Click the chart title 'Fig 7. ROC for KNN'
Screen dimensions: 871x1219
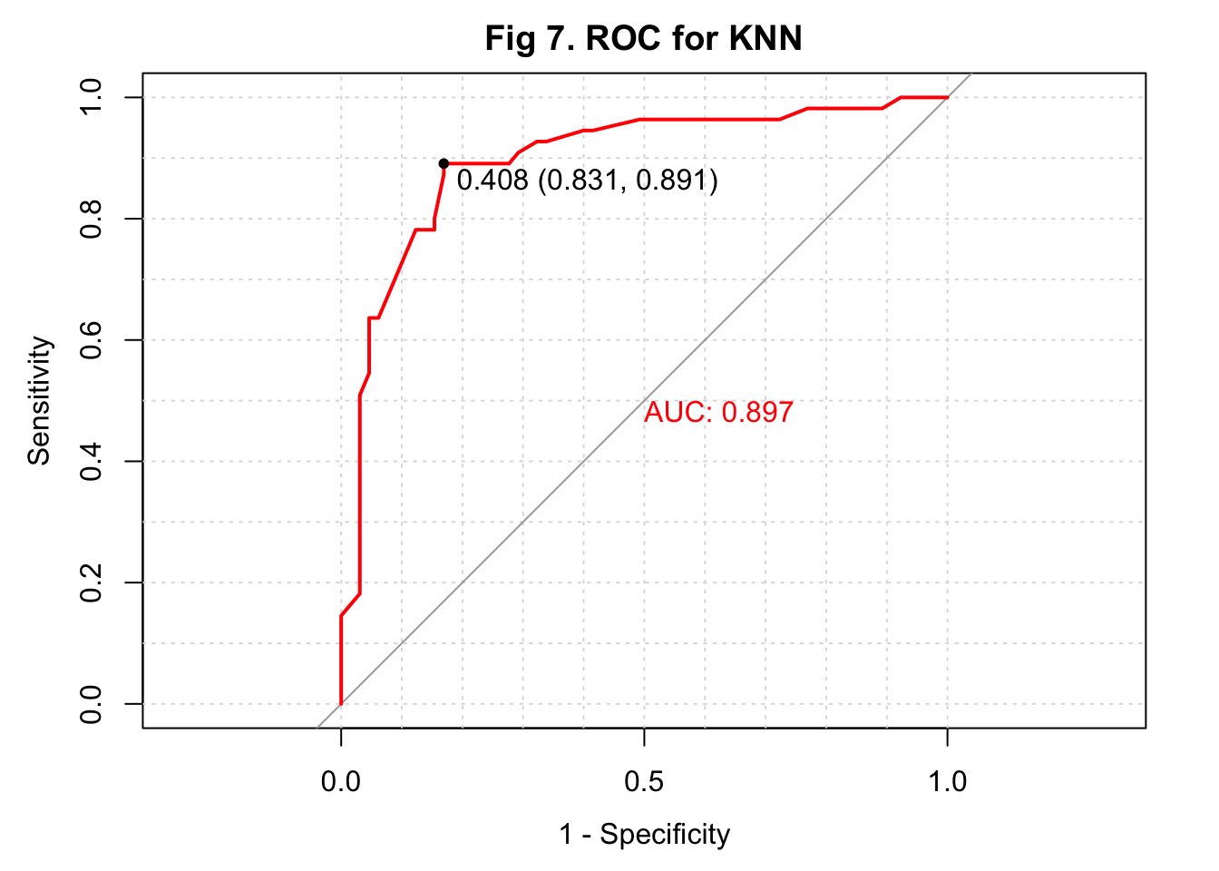coord(643,39)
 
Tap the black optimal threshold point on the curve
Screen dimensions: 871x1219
coord(444,163)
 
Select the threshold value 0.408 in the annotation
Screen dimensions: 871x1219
coord(492,181)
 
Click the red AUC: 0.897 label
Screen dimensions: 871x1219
coord(718,413)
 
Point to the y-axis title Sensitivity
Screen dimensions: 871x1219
coord(40,400)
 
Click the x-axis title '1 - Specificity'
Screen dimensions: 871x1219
coord(644,834)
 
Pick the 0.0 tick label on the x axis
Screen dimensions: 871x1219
coord(341,780)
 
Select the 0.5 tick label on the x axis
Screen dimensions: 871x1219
coord(644,780)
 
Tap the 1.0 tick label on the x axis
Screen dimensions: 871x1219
coord(947,780)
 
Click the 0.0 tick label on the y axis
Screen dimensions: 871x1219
coord(92,704)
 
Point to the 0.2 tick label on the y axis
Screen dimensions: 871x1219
coord(92,582)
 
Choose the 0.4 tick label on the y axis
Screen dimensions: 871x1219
coord(92,461)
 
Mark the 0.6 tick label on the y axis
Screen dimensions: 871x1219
coord(92,340)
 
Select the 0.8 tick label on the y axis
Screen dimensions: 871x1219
coord(92,219)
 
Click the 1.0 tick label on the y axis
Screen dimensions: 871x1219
coord(92,97)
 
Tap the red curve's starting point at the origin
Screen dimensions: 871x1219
coord(341,703)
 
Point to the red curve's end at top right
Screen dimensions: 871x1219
coord(947,97)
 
